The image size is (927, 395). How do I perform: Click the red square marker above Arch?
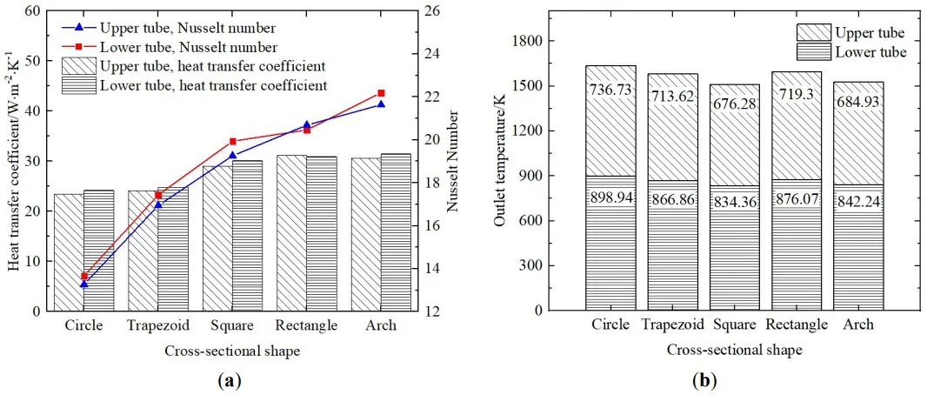point(381,93)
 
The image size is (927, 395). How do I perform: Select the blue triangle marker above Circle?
point(83,284)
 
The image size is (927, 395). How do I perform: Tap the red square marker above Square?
point(232,141)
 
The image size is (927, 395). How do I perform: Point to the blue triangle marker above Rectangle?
point(306,125)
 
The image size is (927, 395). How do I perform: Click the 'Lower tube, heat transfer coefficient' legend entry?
point(213,85)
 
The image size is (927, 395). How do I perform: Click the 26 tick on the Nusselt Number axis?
point(433,11)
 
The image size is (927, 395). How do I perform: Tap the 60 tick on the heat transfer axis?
point(31,11)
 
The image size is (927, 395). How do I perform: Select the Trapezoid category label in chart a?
point(157,326)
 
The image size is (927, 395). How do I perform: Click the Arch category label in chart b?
point(858,326)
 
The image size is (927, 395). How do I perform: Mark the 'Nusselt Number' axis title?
point(455,161)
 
